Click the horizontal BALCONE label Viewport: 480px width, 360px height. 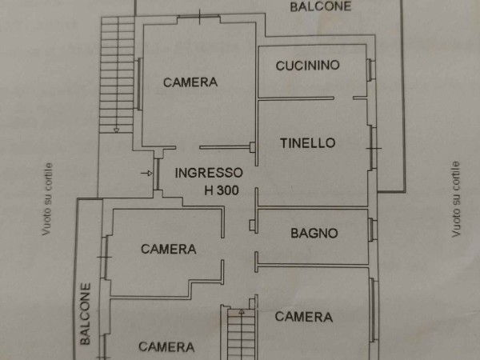coord(320,6)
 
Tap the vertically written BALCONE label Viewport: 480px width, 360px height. coord(86,314)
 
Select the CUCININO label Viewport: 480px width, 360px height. coord(308,66)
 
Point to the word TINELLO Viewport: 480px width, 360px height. coord(307,143)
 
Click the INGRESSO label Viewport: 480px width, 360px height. coord(209,172)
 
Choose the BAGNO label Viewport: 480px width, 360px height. coord(314,234)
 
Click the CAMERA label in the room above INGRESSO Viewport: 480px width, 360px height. coord(190,82)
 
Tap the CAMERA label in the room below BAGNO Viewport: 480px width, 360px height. coord(303,317)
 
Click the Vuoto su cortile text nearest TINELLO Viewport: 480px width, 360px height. coord(456,199)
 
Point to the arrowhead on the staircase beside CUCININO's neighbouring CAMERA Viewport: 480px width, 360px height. coord(117,129)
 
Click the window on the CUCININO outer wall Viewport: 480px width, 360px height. coord(370,70)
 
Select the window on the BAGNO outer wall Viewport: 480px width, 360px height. coord(372,230)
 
